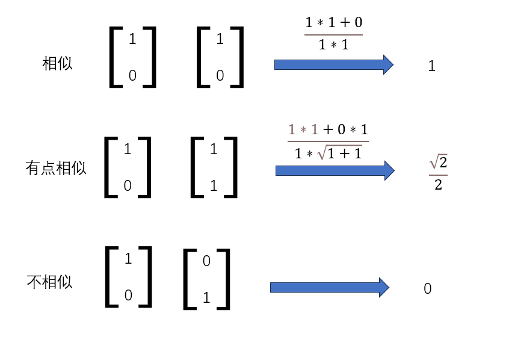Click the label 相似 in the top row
click(57, 63)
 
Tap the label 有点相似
click(56, 168)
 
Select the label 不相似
click(49, 282)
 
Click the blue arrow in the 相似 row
click(334, 64)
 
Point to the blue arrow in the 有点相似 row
click(335, 170)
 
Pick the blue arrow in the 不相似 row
click(330, 287)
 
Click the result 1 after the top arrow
click(432, 66)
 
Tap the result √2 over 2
click(438, 172)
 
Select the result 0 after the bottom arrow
click(428, 288)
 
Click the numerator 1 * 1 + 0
click(334, 22)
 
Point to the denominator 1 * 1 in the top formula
click(334, 45)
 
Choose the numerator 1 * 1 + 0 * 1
click(328, 129)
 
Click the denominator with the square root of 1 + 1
click(328, 153)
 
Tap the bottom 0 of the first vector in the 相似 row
click(132, 75)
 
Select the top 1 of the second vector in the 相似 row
click(220, 39)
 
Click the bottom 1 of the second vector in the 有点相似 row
click(214, 185)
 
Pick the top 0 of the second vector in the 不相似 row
click(206, 261)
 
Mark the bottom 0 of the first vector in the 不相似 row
click(128, 296)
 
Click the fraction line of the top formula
click(334, 34)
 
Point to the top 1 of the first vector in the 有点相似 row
click(128, 149)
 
